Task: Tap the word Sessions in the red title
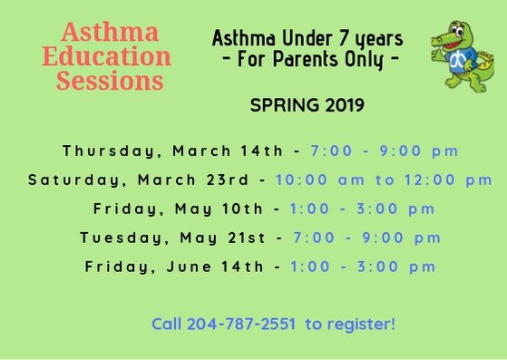tap(110, 81)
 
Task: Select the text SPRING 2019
tap(307, 105)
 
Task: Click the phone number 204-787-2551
tap(243, 323)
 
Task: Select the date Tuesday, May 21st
tap(173, 238)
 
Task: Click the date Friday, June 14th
tap(176, 267)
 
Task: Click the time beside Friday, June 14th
tap(364, 267)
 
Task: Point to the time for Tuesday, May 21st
tap(366, 238)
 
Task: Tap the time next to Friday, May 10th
tap(363, 209)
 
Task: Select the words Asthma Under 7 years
tap(307, 39)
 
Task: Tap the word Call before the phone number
tap(168, 323)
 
